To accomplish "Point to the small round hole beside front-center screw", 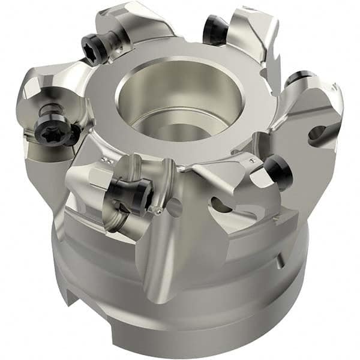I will pyautogui.click(x=175, y=208).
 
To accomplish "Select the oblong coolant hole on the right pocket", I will pyautogui.click(x=316, y=133).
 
